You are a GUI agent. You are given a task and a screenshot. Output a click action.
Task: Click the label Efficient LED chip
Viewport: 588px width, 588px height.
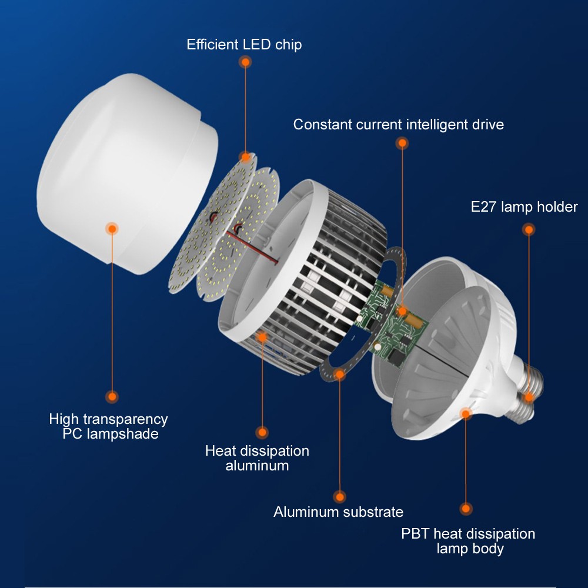coord(244,44)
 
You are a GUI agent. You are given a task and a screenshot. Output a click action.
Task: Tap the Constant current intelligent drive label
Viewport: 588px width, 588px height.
coord(398,125)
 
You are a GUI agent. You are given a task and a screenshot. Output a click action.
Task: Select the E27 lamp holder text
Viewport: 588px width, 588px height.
coord(524,206)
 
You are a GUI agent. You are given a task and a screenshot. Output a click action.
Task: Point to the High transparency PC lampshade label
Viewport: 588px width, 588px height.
coord(108,426)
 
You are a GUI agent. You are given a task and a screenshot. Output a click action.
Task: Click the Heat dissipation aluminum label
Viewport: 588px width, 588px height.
coord(257,458)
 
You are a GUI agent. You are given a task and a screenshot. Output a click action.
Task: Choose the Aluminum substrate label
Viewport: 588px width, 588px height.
coord(338,512)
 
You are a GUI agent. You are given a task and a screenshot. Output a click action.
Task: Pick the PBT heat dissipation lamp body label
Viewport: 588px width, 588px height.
coord(468,541)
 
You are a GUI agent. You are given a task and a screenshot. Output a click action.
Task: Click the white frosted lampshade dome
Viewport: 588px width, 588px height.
coord(128,172)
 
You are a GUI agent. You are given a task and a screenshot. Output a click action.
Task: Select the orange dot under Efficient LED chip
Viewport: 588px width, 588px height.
coord(245,62)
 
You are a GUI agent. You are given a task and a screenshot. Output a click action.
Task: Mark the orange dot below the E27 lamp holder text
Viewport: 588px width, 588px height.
coord(529,229)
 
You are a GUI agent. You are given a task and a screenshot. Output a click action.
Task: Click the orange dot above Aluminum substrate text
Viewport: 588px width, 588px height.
coord(340,497)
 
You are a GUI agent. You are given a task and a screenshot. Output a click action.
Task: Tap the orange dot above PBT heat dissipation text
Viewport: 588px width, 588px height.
coord(466,509)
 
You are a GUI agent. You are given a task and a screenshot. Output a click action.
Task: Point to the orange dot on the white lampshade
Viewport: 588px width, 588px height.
coord(112,228)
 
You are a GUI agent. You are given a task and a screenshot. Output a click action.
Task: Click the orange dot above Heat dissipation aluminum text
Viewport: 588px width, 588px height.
coord(262,433)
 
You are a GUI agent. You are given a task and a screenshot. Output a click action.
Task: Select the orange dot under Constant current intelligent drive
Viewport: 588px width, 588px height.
coord(402,143)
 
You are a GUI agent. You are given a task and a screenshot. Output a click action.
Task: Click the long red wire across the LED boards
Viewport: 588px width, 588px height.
coord(252,247)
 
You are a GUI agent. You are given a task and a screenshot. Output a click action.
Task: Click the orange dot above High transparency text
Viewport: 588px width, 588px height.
coord(112,397)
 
